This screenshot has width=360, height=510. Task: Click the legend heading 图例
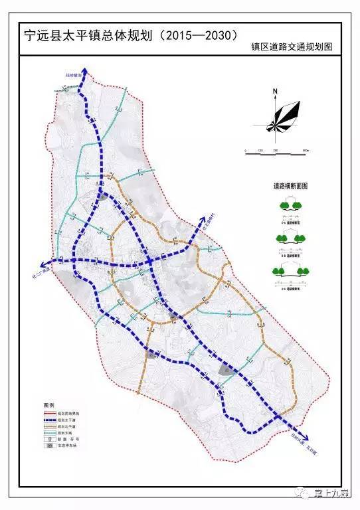(48, 404)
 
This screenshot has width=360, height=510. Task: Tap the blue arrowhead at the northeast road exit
(203, 218)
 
